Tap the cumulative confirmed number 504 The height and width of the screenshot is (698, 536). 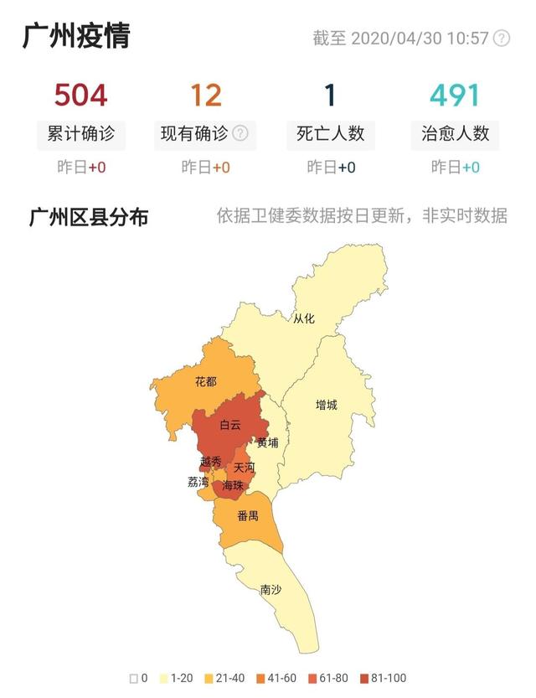coord(80,95)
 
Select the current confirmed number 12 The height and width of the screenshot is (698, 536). coord(205,95)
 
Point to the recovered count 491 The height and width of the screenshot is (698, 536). coord(456,95)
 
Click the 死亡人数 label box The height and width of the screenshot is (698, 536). coord(331,133)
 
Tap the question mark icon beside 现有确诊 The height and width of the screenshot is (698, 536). coord(240,133)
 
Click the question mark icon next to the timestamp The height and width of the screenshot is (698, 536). coord(502,39)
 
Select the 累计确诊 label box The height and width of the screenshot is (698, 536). coord(80,133)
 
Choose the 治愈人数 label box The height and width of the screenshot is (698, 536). coord(456,133)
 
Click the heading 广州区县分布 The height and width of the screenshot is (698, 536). coord(89,218)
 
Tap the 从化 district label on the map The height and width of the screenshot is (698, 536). coord(303,318)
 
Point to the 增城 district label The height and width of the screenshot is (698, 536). coord(326,406)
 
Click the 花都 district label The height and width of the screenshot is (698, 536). coord(205,382)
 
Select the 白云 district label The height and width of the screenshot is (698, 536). coord(230,425)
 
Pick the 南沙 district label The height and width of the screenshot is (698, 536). coord(271,590)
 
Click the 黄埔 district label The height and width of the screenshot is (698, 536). coord(267,442)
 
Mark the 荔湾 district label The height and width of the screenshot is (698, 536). coord(198,483)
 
